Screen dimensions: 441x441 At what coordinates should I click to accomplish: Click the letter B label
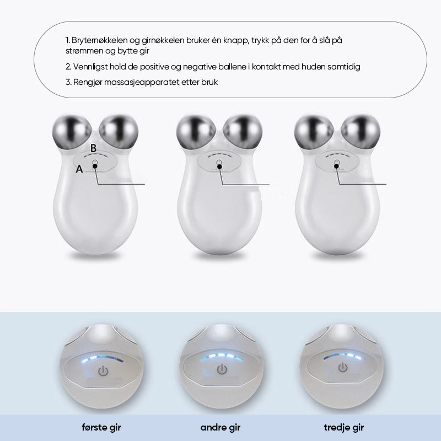click(x=93, y=148)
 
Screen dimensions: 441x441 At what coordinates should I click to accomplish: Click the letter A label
click(x=79, y=169)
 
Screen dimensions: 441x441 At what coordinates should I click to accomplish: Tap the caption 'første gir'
click(x=101, y=428)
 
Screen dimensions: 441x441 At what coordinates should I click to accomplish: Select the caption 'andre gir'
click(x=220, y=428)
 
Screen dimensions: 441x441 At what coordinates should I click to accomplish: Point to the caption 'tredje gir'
click(x=343, y=428)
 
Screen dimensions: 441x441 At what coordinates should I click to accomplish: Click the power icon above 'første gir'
click(x=103, y=371)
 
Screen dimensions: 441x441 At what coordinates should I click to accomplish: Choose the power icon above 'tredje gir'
click(x=342, y=367)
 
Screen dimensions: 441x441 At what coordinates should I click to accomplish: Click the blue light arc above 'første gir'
click(x=103, y=359)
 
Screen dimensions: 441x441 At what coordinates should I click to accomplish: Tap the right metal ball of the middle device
click(x=243, y=132)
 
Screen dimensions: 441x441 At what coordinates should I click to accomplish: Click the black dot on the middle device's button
click(x=219, y=166)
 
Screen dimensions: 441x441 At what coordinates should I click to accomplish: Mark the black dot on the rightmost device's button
click(x=336, y=166)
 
